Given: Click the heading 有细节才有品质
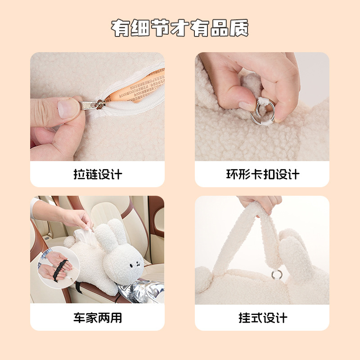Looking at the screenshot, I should (x=180, y=28).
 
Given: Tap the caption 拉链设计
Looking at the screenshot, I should (x=98, y=174).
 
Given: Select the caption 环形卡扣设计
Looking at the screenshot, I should (x=262, y=174).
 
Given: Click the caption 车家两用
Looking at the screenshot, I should (x=98, y=318).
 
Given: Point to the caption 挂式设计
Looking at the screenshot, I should (x=262, y=318).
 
